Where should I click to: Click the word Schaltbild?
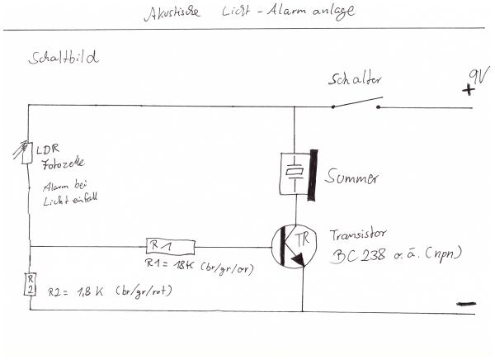(64, 59)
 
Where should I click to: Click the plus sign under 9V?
(469, 92)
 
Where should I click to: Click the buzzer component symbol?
(295, 173)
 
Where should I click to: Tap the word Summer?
(352, 177)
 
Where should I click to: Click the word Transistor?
(359, 234)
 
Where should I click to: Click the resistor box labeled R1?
(168, 245)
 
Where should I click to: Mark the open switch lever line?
(356, 102)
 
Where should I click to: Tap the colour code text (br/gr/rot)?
(149, 291)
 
